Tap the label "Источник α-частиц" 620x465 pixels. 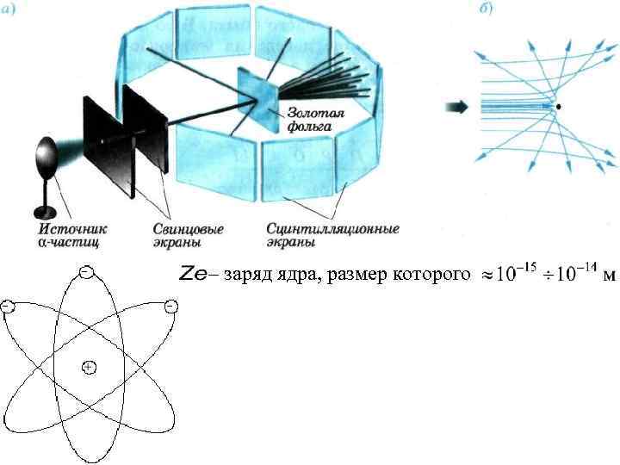pyautogui.click(x=73, y=235)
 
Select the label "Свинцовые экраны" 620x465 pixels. pyautogui.click(x=193, y=235)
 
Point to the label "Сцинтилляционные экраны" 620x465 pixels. pyautogui.click(x=332, y=235)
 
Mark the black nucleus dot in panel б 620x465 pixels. pyautogui.click(x=560, y=107)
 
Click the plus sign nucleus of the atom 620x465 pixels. pyautogui.click(x=88, y=368)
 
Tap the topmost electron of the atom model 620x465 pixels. pyautogui.click(x=86, y=272)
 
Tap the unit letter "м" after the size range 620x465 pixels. pyautogui.click(x=610, y=276)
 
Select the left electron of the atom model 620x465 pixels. pyautogui.click(x=7, y=307)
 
